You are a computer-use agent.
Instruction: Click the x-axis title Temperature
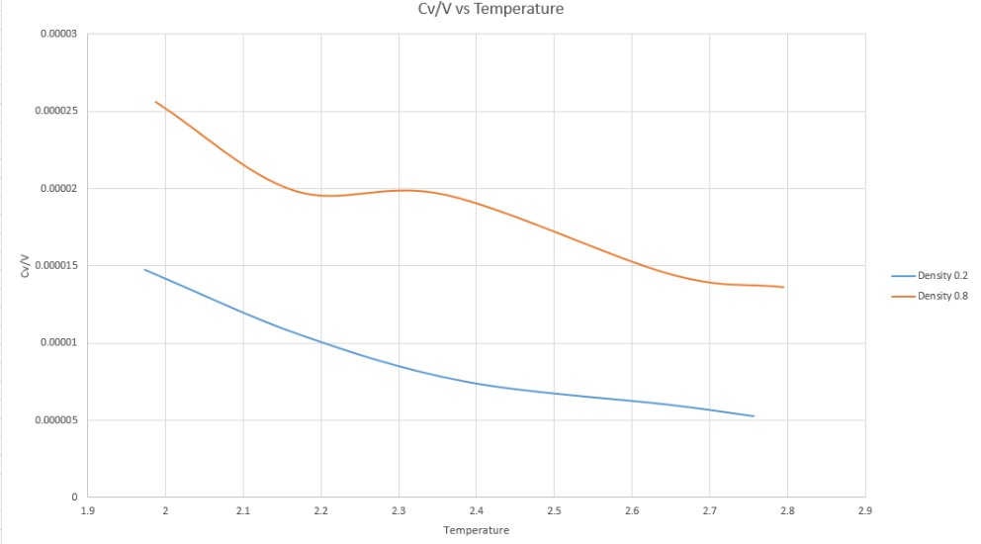click(x=476, y=530)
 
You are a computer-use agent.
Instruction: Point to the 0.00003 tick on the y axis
click(x=58, y=34)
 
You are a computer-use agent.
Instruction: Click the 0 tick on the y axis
click(x=75, y=498)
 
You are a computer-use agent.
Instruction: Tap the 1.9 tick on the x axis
click(x=88, y=512)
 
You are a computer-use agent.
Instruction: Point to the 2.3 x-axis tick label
click(x=399, y=512)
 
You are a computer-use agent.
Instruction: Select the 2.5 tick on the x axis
click(x=554, y=512)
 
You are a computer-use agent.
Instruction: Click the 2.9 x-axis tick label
click(x=864, y=512)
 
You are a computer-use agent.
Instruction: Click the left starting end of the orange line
click(x=155, y=101)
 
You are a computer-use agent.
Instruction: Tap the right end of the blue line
click(x=755, y=416)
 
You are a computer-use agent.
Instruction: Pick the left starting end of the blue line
click(x=144, y=269)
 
